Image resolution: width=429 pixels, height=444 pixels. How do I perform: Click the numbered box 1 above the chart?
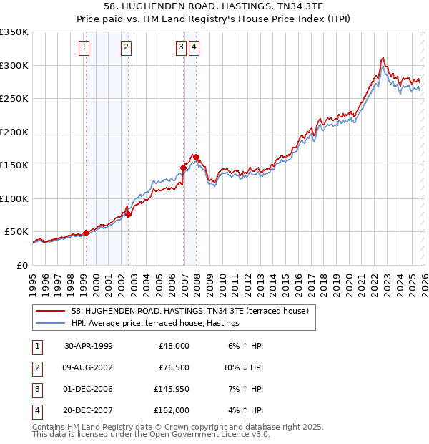point(84,48)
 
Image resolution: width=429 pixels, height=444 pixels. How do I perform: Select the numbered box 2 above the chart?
point(126,48)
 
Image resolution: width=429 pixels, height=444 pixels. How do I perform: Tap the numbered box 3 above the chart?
point(182,48)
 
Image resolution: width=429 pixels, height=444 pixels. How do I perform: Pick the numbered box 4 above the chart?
point(194,48)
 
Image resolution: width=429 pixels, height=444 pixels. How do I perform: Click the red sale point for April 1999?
point(87,233)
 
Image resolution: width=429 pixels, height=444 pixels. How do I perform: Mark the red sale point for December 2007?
point(196,157)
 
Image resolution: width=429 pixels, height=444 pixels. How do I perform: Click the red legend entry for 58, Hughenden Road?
point(189,312)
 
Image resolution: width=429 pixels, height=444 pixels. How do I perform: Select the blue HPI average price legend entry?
point(154,324)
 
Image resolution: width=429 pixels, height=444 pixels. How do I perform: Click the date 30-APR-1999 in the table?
point(88,346)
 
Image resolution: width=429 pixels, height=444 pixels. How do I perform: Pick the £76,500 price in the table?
point(173,367)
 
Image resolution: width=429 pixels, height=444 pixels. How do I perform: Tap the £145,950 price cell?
point(171,389)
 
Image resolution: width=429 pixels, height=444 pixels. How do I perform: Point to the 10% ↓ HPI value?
point(243,367)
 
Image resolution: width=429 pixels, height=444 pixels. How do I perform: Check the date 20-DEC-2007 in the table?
point(88,410)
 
